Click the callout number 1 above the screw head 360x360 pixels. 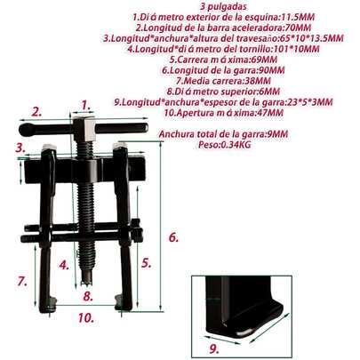(x=85, y=105)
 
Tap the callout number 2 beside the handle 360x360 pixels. (x=36, y=112)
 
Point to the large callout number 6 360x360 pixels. (x=174, y=237)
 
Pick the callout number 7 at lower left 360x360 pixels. (x=21, y=281)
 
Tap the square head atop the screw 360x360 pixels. (x=86, y=136)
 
